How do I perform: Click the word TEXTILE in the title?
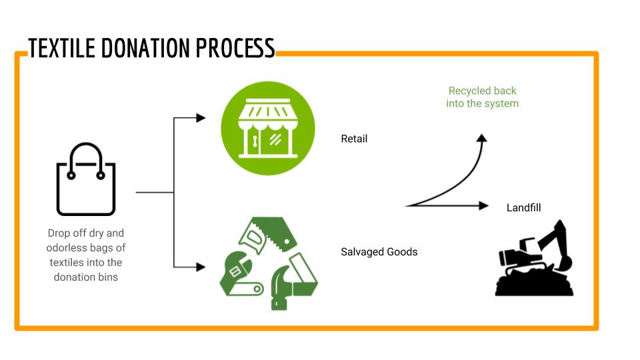click(62, 48)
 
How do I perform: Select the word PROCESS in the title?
click(235, 48)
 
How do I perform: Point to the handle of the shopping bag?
click(86, 153)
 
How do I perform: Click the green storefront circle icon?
click(267, 128)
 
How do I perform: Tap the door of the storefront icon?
click(255, 140)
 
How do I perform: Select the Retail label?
click(354, 139)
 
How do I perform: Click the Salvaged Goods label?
click(379, 252)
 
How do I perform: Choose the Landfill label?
click(523, 207)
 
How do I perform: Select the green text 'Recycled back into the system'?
click(482, 97)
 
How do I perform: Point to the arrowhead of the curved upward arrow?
click(482, 138)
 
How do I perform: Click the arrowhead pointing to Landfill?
click(485, 206)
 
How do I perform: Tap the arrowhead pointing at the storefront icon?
click(201, 118)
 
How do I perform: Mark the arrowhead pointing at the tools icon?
click(201, 267)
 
